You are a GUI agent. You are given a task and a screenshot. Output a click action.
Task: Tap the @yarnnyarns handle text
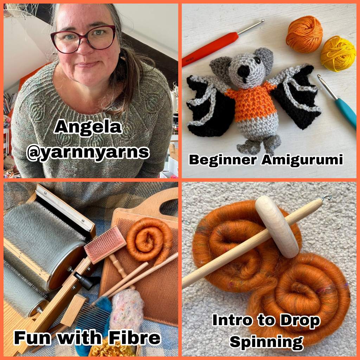click(88, 152)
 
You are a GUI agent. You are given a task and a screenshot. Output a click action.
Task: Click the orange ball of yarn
click(304, 31)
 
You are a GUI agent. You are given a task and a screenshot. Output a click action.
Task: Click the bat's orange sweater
click(250, 100)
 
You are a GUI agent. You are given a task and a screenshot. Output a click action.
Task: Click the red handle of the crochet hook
click(211, 49)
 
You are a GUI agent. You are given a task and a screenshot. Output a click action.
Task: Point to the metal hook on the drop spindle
click(327, 197)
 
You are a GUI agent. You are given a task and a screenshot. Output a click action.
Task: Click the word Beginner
click(222, 160)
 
